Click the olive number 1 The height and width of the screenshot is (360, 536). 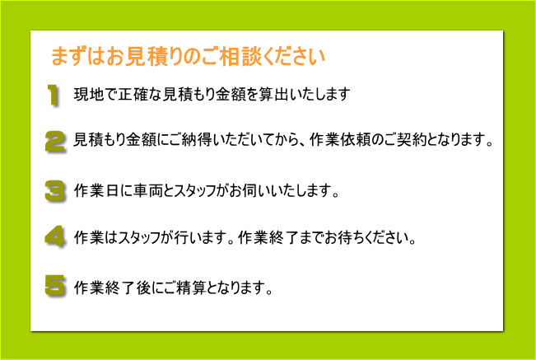click(53, 95)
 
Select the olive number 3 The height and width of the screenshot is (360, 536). click(54, 190)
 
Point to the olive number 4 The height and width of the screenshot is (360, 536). click(54, 236)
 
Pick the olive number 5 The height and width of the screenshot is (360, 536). click(54, 286)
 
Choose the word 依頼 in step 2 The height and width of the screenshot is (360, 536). click(354, 140)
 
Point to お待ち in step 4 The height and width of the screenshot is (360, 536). click(347, 237)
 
